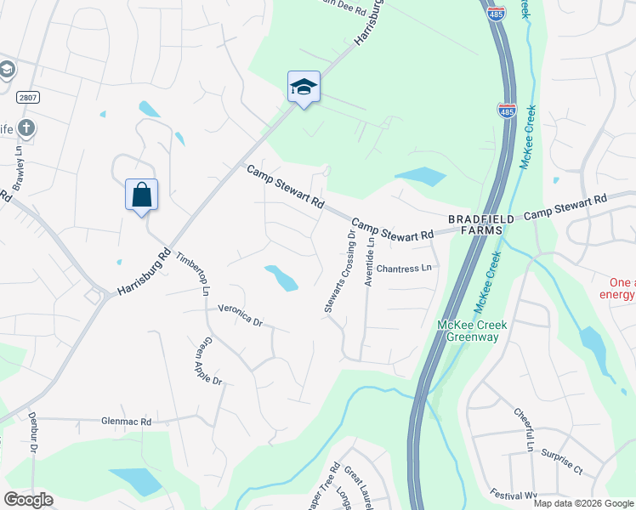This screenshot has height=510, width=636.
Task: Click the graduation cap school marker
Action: [304, 88]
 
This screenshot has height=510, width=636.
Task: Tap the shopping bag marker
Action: [141, 195]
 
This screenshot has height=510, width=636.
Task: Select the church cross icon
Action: [26, 128]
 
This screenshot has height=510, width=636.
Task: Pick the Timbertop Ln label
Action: [192, 273]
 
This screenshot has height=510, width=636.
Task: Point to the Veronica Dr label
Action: [241, 315]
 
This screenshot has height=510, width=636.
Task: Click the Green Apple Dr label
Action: [208, 363]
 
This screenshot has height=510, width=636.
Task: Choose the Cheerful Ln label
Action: [522, 430]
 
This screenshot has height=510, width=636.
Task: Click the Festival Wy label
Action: [514, 494]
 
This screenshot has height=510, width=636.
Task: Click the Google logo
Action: [29, 500]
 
